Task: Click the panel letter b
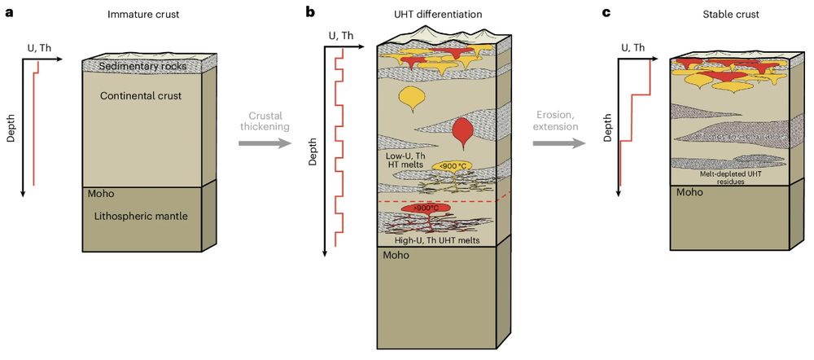309,11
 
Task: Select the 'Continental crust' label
140,97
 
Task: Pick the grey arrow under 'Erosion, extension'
559,144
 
